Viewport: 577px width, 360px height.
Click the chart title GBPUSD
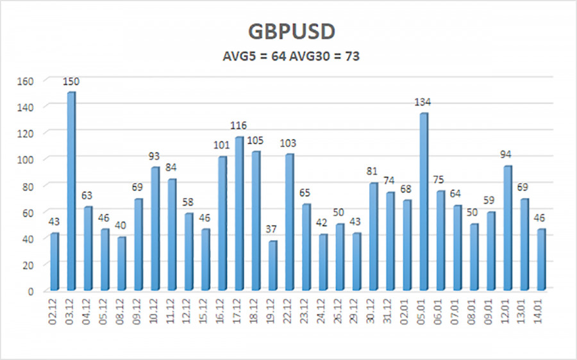click(x=288, y=31)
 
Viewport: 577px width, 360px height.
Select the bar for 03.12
click(x=71, y=192)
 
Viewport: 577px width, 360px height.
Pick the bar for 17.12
click(x=238, y=215)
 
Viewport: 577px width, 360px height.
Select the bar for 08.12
click(x=121, y=265)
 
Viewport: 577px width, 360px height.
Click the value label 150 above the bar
click(x=71, y=81)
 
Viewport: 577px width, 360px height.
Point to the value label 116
click(x=238, y=126)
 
